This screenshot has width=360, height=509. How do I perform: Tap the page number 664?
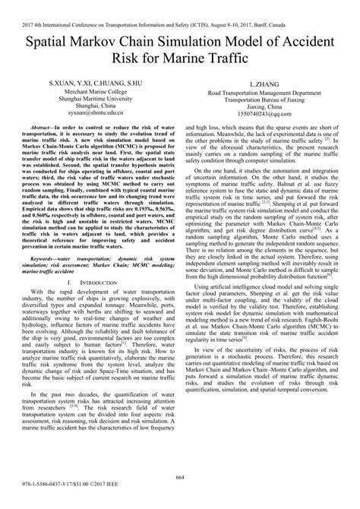coord(180,476)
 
